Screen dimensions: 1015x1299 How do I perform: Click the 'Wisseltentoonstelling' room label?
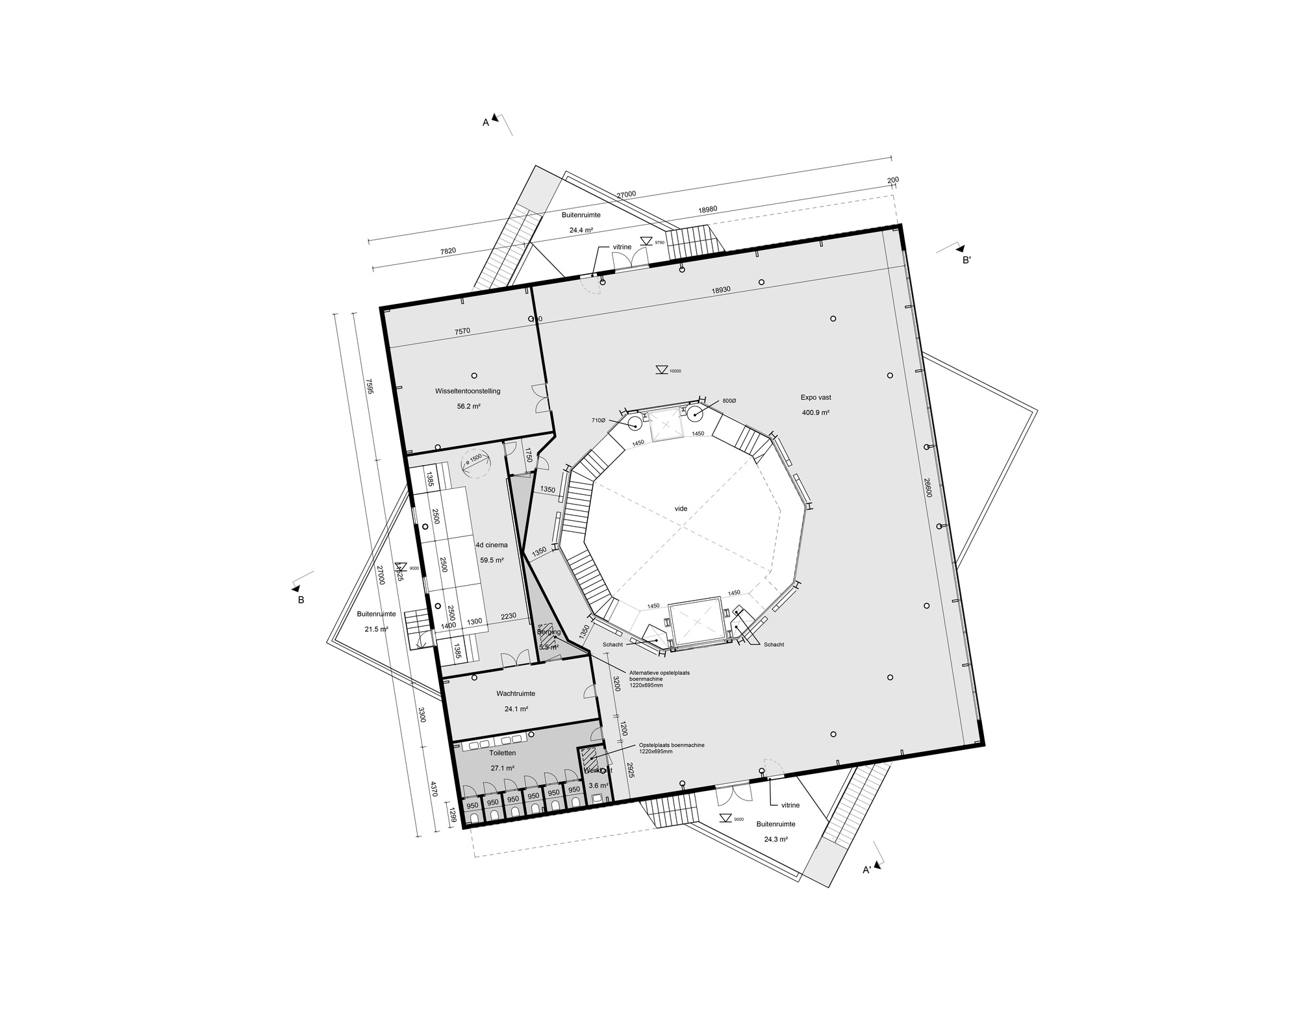(x=468, y=391)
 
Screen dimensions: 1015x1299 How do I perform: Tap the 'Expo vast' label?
(x=816, y=397)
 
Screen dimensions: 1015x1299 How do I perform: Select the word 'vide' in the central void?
(x=681, y=509)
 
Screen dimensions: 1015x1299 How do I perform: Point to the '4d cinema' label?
(x=492, y=545)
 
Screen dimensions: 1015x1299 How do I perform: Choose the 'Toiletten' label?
(x=502, y=753)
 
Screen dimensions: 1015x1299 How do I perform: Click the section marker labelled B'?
(x=966, y=260)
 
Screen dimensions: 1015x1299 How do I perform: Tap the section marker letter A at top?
(x=485, y=122)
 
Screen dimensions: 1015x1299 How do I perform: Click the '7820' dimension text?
(x=448, y=251)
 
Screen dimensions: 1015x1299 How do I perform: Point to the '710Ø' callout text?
(x=598, y=420)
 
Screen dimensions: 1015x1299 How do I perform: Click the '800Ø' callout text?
(x=729, y=401)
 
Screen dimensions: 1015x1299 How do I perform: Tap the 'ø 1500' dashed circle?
(x=475, y=464)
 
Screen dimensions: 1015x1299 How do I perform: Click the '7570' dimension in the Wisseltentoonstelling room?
(x=462, y=331)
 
